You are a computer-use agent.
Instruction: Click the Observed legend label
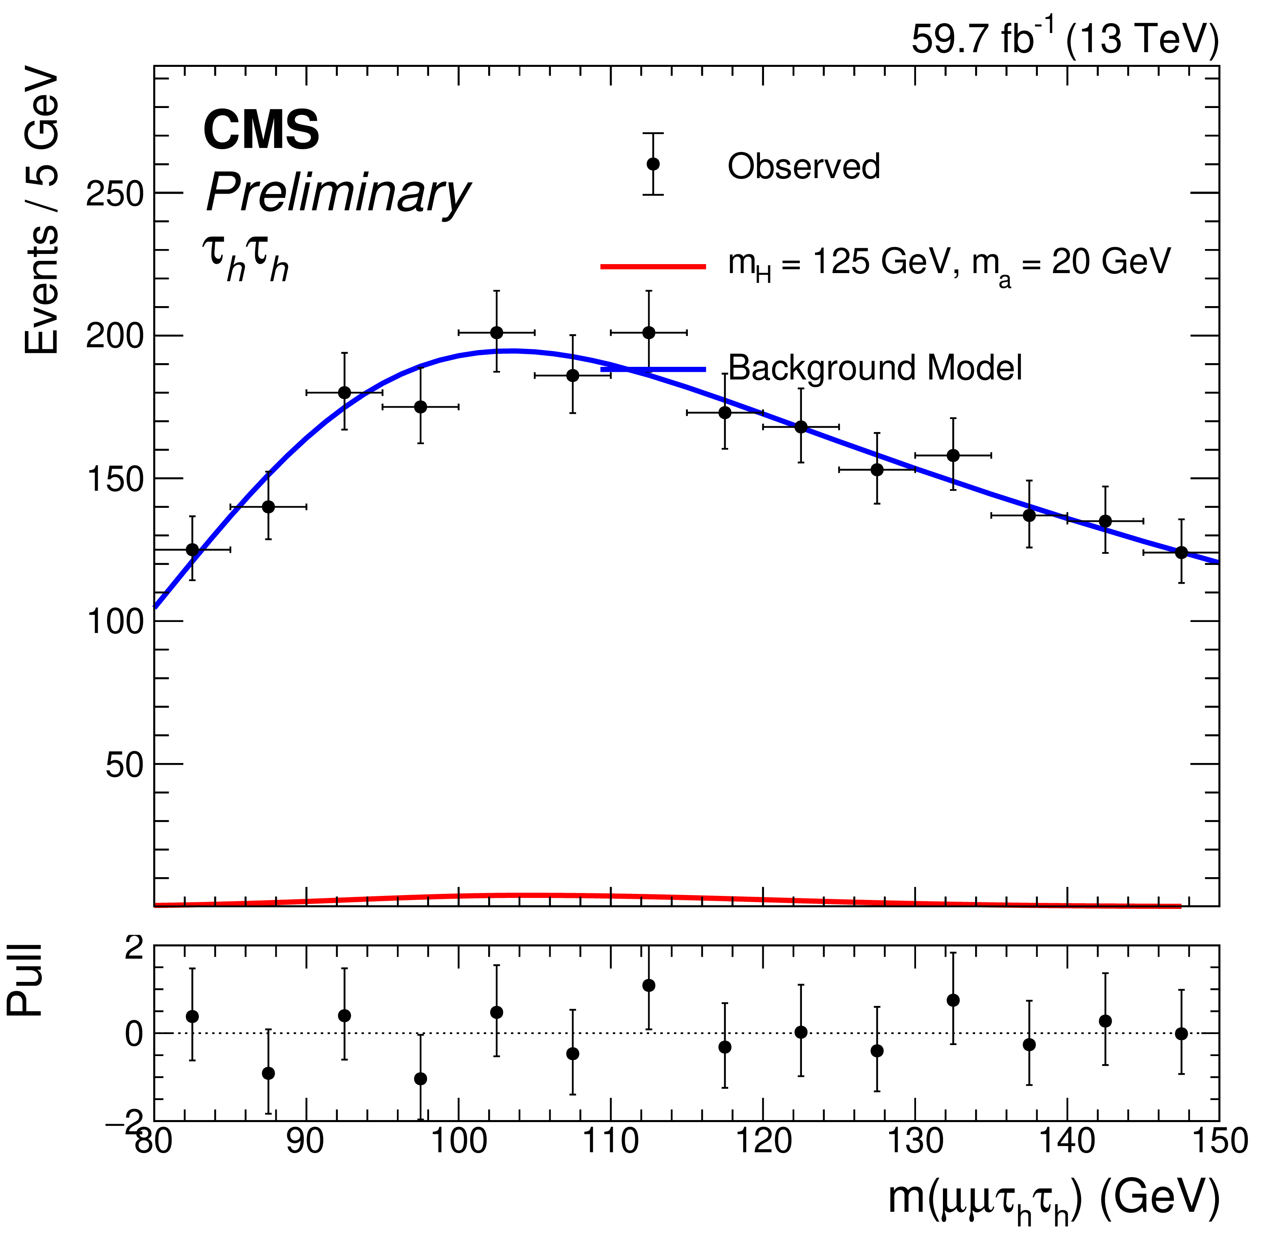(x=803, y=166)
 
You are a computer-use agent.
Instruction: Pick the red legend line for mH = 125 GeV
(x=653, y=266)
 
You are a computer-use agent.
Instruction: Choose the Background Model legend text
(x=874, y=368)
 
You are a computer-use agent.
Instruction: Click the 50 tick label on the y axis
(x=124, y=765)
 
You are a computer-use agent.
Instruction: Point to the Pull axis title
(x=25, y=981)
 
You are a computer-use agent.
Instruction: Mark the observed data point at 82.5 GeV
(x=192, y=549)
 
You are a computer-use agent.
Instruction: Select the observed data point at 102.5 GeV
(x=497, y=333)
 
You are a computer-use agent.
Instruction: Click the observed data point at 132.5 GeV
(x=953, y=455)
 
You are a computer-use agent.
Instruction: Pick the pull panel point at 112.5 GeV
(x=649, y=985)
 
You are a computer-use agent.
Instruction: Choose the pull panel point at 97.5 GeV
(x=421, y=1079)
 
